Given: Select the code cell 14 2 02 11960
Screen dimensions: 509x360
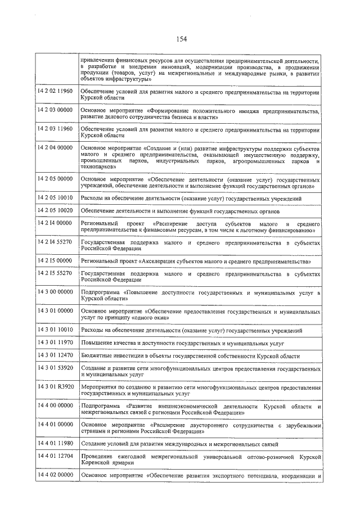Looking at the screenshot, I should (55, 91).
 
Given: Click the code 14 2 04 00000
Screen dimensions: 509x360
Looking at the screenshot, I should (55, 147).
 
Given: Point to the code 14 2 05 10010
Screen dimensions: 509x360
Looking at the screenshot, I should (55, 199).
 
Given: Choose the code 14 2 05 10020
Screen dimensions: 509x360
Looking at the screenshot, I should (55, 210).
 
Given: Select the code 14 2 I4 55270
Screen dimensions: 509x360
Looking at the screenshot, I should (55, 242).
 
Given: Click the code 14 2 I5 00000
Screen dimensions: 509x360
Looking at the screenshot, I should (55, 261).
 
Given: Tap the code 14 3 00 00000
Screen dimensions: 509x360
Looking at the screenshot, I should (55, 292).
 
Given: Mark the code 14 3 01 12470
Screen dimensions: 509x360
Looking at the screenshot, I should (55, 355).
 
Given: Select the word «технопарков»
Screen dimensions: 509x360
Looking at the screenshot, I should (98, 166).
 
